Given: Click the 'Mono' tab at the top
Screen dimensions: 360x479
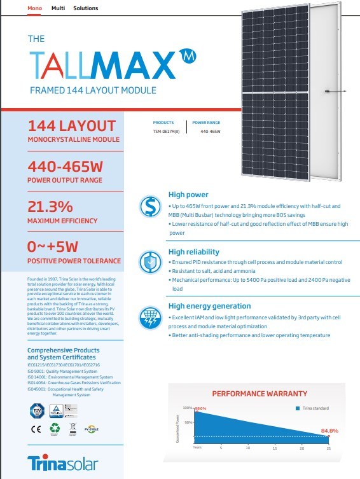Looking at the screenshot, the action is (36, 9).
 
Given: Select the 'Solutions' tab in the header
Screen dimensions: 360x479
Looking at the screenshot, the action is (86, 9).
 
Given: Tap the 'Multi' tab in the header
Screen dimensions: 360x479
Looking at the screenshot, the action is (58, 9).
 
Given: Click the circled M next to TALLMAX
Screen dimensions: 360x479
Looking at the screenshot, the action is (187, 55).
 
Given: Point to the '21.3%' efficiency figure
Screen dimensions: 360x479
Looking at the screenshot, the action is (51, 207).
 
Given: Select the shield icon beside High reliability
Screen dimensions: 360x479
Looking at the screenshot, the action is (150, 261).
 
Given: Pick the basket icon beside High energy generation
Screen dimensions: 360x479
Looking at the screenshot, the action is (150, 316).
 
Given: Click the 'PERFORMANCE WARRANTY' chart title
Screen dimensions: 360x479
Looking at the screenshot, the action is (259, 394).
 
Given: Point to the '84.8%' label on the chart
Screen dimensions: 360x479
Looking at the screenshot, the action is (329, 431).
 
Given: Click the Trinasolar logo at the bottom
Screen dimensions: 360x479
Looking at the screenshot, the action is (59, 462).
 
